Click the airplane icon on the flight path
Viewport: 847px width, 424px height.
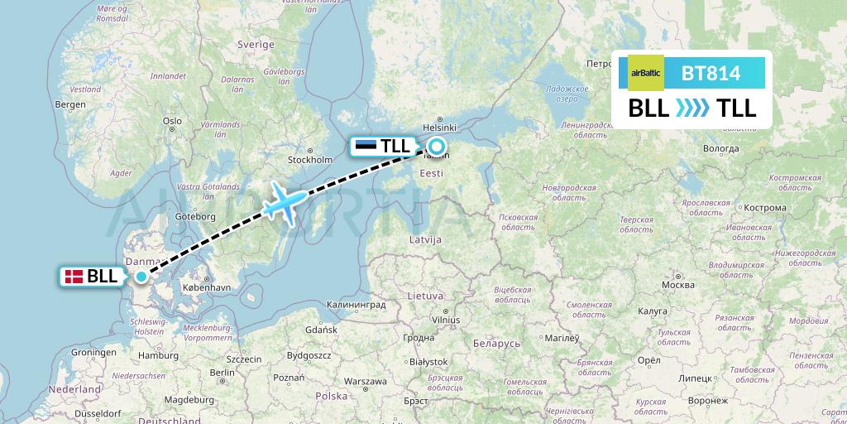tap(285, 200)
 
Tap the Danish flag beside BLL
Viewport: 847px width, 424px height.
tap(74, 277)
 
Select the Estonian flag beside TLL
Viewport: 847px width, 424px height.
tap(366, 147)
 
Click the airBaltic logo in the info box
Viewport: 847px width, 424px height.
tap(646, 73)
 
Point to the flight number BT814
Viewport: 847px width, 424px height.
tap(711, 73)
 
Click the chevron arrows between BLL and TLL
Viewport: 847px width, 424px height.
tap(692, 108)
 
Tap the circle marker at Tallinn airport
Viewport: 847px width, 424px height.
tap(436, 147)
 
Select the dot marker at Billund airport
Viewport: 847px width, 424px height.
tap(141, 277)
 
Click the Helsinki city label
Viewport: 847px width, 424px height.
tap(439, 128)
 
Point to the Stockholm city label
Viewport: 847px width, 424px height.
tap(309, 159)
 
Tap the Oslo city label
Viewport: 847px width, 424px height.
tap(172, 121)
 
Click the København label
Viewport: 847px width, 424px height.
tap(206, 287)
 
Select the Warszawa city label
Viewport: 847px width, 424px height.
tap(366, 382)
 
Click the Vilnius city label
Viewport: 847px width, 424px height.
tap(450, 319)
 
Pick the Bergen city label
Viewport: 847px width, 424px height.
tap(70, 104)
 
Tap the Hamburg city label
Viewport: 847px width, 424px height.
tap(160, 355)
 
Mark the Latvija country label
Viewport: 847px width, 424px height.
tap(425, 239)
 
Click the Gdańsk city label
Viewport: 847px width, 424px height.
tap(321, 330)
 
